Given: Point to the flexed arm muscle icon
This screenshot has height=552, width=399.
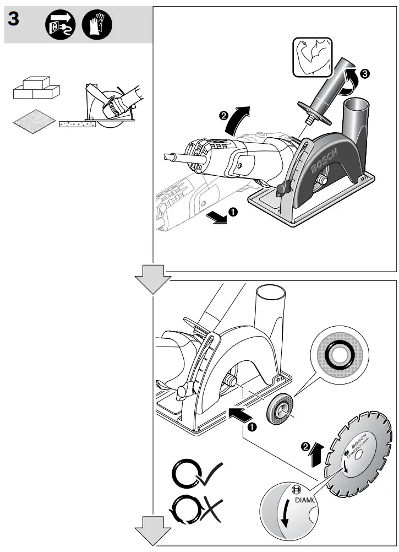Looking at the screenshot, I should point(311,57).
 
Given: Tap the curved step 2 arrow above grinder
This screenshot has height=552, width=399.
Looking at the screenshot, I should point(238,117).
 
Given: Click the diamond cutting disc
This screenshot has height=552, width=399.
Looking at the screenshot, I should point(358,451).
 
